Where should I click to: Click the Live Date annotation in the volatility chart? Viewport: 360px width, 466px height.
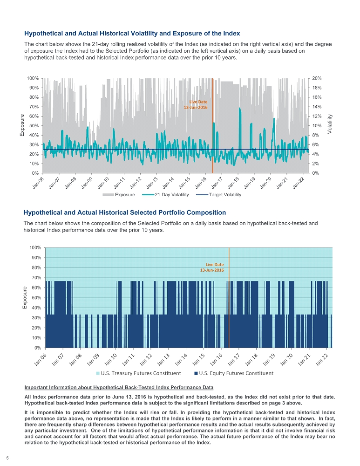click(196, 104)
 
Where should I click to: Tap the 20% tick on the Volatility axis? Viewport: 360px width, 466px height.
click(315, 78)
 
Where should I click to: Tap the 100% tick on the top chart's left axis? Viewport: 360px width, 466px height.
click(32, 78)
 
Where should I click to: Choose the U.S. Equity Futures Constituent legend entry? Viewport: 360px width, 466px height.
click(233, 373)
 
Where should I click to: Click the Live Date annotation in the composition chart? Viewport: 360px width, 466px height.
click(212, 267)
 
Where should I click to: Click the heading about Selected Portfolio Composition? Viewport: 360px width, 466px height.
click(125, 212)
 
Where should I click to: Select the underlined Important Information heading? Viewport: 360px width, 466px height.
click(118, 387)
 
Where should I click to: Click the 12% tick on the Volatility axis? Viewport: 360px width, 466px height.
click(315, 116)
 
